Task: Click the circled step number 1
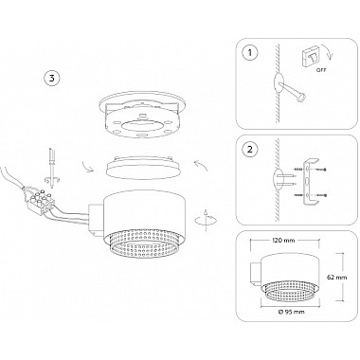pyautogui.click(x=250, y=52)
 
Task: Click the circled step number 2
pyautogui.click(x=250, y=149)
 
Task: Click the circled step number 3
pyautogui.click(x=51, y=79)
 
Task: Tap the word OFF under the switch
pyautogui.click(x=321, y=70)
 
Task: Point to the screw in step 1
pyautogui.click(x=294, y=92)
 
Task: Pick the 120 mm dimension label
pyautogui.click(x=283, y=241)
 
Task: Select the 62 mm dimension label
pyautogui.click(x=337, y=278)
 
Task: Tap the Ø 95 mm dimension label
pyautogui.click(x=292, y=312)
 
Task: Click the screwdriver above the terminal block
pyautogui.click(x=51, y=165)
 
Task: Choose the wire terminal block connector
pyautogui.click(x=40, y=201)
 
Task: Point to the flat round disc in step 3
pyautogui.click(x=145, y=167)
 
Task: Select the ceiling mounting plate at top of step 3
pyautogui.click(x=142, y=116)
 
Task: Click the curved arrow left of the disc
pyautogui.click(x=87, y=166)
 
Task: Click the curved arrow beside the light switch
pyautogui.click(x=330, y=53)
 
